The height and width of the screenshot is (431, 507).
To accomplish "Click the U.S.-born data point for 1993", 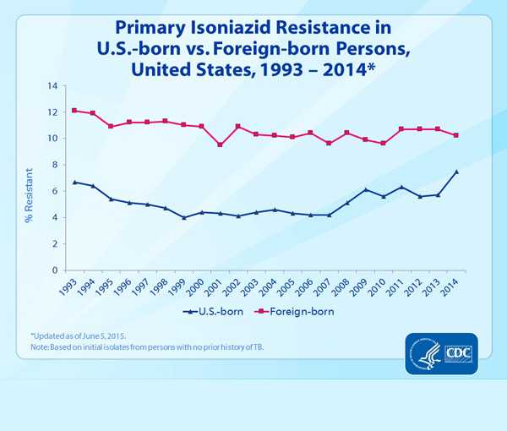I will point(74,182).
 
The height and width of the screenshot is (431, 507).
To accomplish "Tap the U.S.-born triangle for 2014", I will point(456,172).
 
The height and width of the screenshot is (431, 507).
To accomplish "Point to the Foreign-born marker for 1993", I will point(74,111).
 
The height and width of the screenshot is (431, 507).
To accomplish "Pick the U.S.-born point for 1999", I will point(183,217).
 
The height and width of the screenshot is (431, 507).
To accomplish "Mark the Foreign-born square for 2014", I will point(456,135).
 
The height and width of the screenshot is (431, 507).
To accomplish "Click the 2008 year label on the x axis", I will point(344,287).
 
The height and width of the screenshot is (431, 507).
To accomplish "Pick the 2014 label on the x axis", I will point(453,287).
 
